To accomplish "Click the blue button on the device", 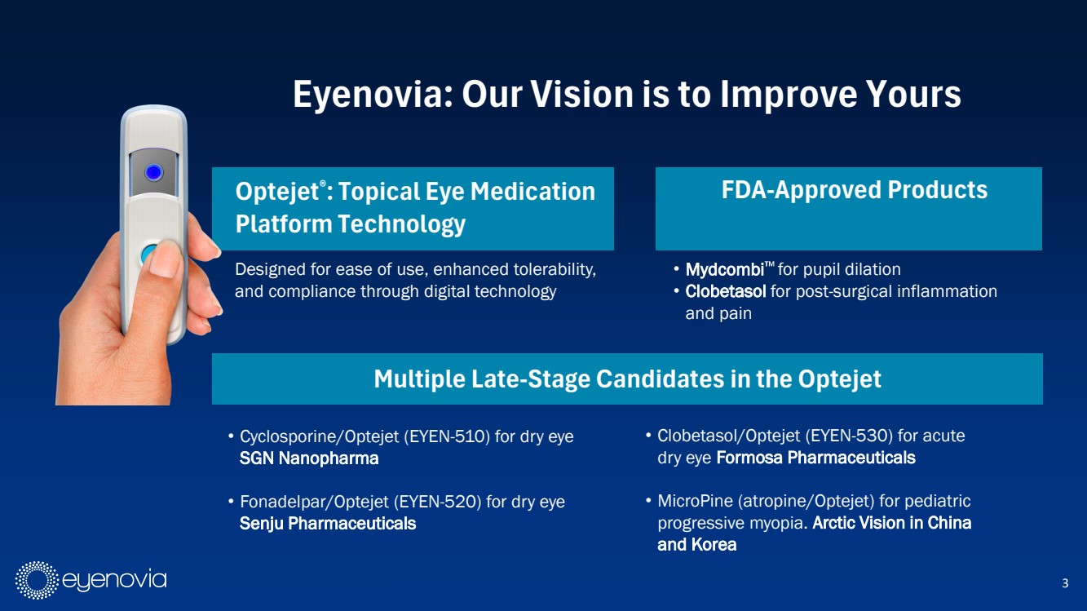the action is point(154,172).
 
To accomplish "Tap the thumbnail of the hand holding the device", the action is point(139,255).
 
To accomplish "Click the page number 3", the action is point(1065,582).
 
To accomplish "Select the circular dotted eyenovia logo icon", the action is point(37,580).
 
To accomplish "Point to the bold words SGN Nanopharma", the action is point(309,458).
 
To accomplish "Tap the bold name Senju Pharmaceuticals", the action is point(328,523).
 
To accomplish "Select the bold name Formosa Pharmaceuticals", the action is point(815,458).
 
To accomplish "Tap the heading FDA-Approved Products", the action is point(854,190).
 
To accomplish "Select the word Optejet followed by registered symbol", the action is point(277,192).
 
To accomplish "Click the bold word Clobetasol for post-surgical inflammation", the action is point(726,291).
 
